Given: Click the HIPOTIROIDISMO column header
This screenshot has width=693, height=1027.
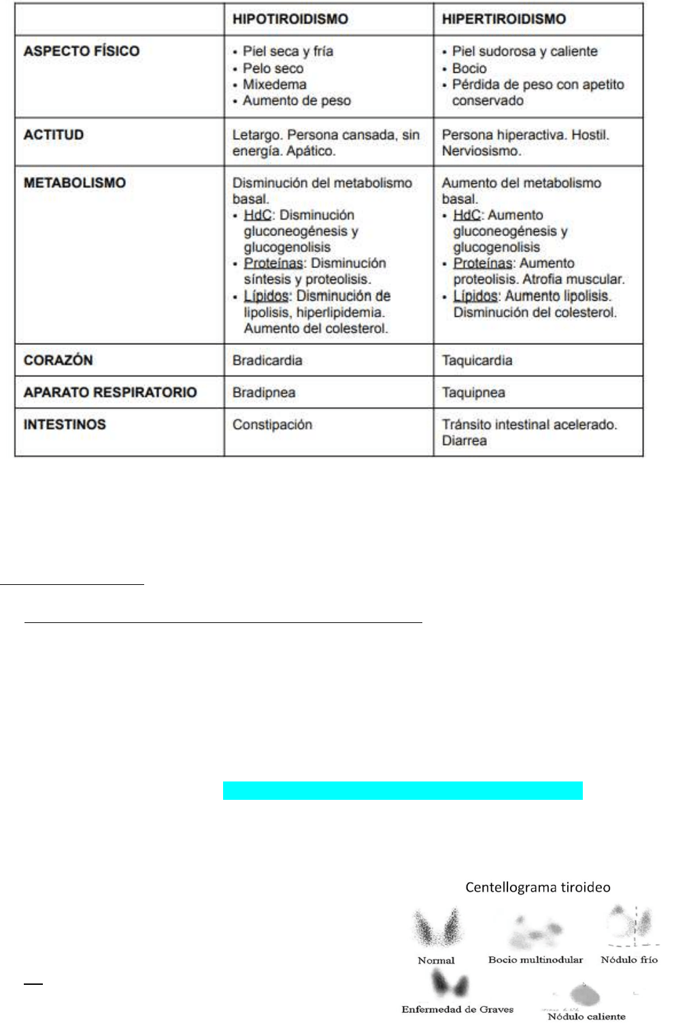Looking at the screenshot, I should coord(290,19).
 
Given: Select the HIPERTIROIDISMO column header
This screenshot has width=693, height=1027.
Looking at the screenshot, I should coord(503,19).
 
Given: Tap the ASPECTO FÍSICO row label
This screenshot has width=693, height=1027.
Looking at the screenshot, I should coord(82,51).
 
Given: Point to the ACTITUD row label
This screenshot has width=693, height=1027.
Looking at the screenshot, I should coord(54,135).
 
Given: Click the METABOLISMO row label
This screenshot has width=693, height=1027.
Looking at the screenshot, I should coord(75,183).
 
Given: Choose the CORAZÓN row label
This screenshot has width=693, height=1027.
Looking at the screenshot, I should coord(58,360).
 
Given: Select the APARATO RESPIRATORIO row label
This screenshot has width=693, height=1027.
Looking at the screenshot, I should coord(110,392).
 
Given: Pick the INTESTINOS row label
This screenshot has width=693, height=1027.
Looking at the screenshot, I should coord(65,424).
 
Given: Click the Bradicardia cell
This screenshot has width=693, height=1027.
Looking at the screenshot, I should coord(267,360).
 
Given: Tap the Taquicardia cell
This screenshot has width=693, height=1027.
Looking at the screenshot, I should coord(477,360).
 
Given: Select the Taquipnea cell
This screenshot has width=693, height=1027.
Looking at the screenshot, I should coord(473,392).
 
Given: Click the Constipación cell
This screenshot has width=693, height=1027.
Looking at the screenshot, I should coord(272,424).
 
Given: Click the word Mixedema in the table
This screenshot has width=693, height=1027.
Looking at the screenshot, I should coord(274,84).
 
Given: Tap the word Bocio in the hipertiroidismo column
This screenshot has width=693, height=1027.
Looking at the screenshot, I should coord(469,68).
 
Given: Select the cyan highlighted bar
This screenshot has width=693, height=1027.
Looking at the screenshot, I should coord(403,790).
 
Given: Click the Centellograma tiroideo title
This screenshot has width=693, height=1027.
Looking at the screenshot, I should coord(537,887).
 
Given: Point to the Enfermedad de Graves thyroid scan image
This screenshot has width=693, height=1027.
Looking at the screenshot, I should coord(450,984).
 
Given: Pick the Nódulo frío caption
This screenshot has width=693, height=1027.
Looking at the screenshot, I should coord(629,960).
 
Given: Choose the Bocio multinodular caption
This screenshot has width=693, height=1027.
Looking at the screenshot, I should coord(535,960).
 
